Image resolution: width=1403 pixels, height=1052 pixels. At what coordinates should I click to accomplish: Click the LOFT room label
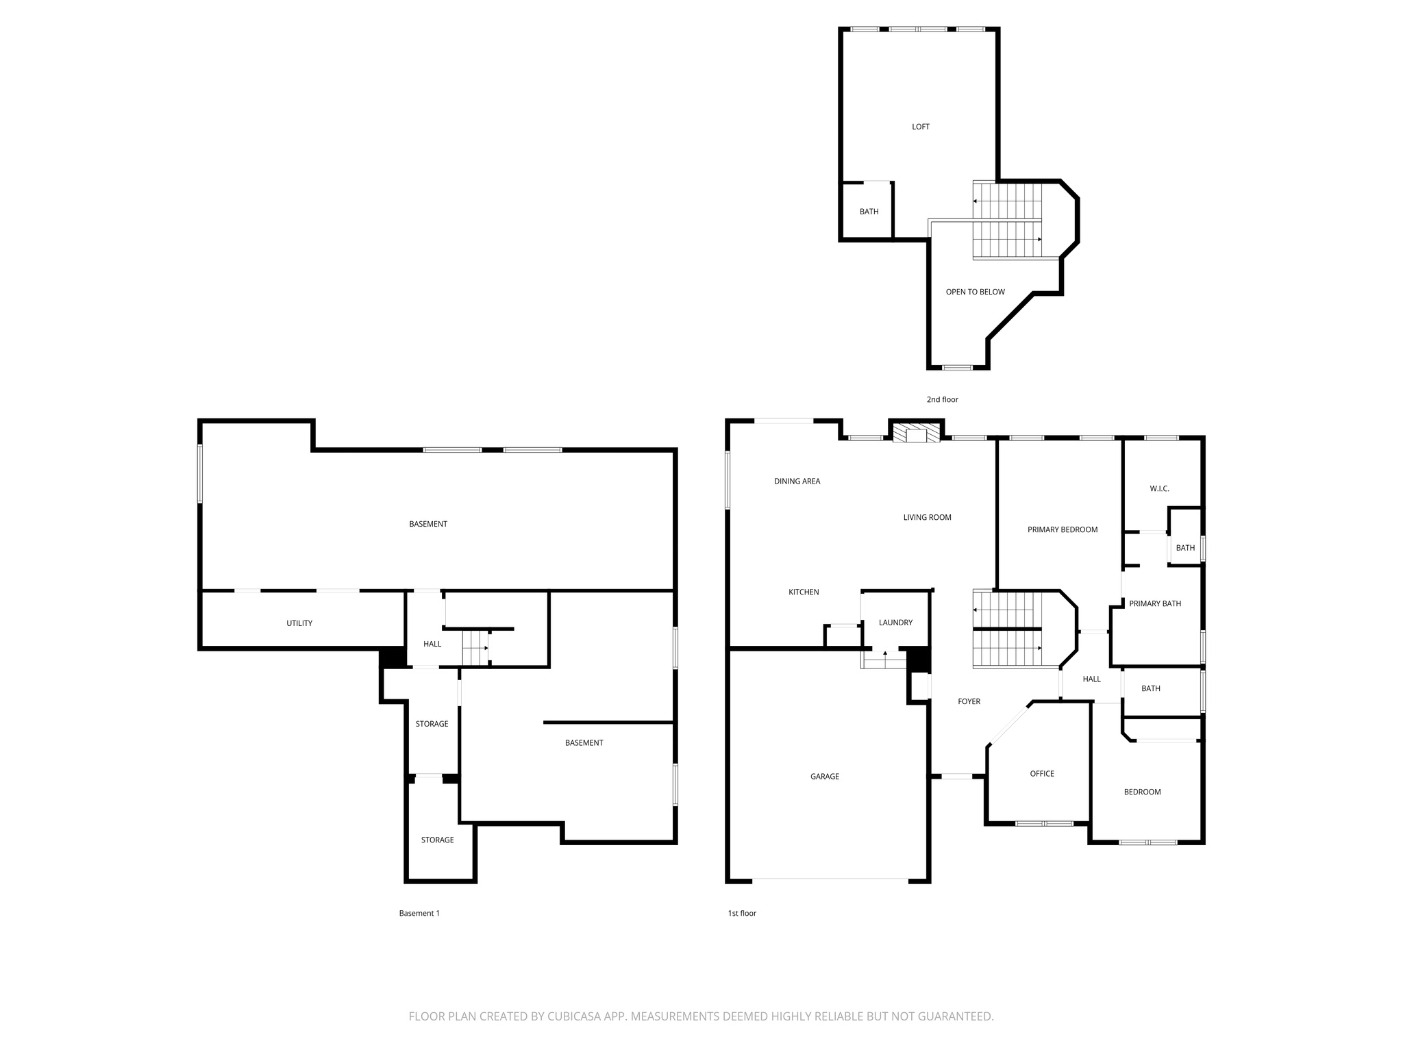coord(920,127)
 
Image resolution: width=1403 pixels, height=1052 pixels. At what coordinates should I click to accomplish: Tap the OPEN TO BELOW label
coord(975,292)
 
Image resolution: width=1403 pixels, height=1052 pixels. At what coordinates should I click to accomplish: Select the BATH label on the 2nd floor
coord(869,212)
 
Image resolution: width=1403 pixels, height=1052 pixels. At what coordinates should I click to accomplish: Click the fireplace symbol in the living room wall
coord(916,434)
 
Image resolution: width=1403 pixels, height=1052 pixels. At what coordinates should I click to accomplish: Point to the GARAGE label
coord(824,776)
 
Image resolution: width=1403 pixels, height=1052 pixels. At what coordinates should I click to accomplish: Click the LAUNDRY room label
coord(895,623)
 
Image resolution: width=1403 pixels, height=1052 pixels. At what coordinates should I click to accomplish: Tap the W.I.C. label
coord(1159,488)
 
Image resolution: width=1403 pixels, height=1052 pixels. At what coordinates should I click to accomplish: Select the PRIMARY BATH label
coord(1154,603)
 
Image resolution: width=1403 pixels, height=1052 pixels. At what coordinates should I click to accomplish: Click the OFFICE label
coord(1041,773)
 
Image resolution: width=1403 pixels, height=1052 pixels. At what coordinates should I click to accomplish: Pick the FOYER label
coord(969,701)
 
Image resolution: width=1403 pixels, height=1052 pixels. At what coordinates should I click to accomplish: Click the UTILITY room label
coord(299,623)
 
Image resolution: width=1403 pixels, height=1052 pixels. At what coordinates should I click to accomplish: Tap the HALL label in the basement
coord(432,644)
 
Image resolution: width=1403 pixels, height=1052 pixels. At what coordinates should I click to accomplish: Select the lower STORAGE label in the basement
coord(437,840)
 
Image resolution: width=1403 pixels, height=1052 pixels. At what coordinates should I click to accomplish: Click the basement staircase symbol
coord(475,647)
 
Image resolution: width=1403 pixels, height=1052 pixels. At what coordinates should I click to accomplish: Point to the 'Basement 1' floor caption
coord(419,913)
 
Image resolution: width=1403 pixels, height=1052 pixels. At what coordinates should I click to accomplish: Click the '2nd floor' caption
coord(942,399)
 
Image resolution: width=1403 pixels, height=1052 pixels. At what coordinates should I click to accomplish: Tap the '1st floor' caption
coord(742,913)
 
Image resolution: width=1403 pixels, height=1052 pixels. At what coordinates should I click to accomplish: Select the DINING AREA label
coord(797,481)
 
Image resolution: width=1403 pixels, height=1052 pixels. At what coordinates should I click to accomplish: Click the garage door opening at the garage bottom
coord(830,879)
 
